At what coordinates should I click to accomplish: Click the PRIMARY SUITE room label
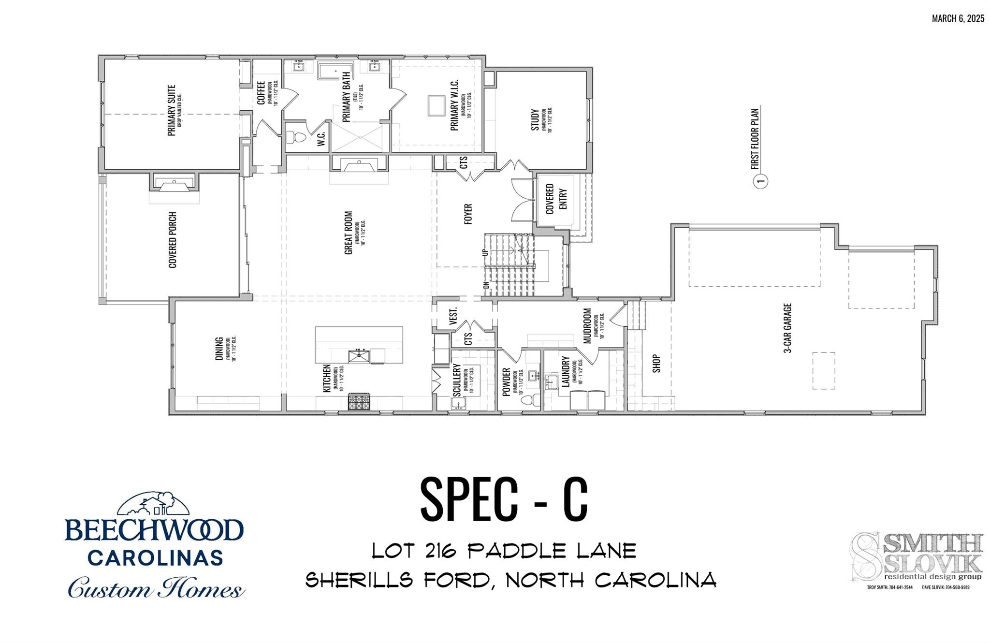172,110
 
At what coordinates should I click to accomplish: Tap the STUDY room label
535,120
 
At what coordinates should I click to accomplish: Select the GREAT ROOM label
348,233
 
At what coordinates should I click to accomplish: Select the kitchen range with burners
359,402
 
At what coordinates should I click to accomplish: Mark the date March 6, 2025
958,18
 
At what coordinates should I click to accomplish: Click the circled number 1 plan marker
761,182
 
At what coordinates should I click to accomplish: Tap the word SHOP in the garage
656,363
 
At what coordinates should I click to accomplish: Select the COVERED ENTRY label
556,199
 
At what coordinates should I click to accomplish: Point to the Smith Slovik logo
917,557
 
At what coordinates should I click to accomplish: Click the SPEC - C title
504,499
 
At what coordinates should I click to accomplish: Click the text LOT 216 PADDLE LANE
504,551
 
